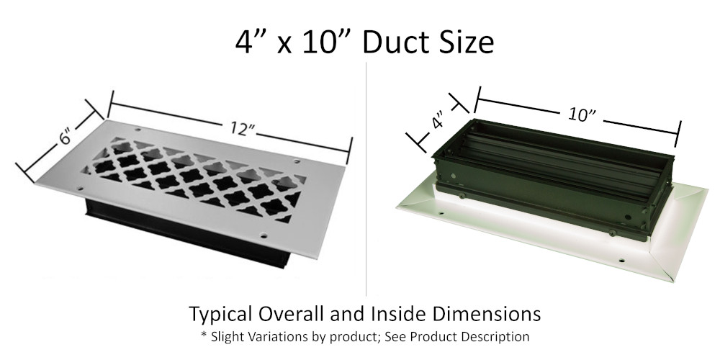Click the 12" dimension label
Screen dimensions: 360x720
point(244,130)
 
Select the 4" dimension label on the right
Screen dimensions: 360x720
point(437,122)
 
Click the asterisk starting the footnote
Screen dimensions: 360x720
point(203,336)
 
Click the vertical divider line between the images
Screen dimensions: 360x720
point(367,180)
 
